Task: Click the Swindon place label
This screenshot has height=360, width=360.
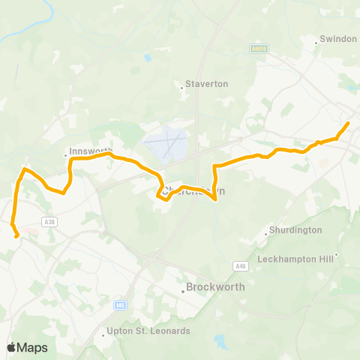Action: tap(338, 38)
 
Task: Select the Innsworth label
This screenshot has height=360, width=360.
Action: tap(90, 150)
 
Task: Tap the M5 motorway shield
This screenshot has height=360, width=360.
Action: tap(120, 305)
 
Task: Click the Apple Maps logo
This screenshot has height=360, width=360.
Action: tap(27, 347)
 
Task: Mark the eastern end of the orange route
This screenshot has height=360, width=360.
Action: tap(348, 123)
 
